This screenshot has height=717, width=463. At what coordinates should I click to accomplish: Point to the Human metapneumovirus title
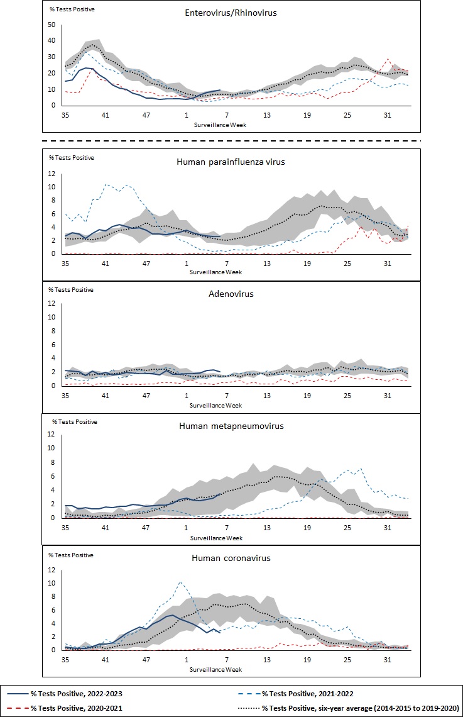point(231,426)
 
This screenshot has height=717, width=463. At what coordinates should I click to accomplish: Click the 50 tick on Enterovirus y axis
point(52,25)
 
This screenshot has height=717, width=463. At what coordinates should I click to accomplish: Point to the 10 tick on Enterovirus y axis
point(52,89)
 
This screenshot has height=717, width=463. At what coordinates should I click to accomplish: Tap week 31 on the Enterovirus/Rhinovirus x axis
point(388,115)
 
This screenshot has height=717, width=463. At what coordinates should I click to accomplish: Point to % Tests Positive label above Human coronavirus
point(71,555)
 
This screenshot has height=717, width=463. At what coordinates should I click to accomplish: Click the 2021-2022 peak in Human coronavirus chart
point(181,582)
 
